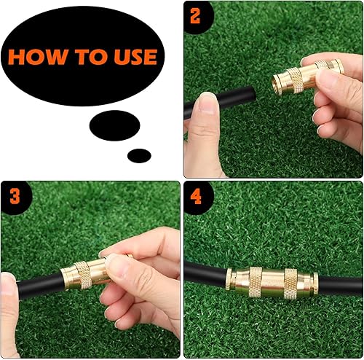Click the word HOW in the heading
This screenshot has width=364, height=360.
click(x=36, y=57)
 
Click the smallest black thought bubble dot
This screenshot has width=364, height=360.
click(x=139, y=155)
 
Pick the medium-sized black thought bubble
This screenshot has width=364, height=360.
click(x=114, y=125)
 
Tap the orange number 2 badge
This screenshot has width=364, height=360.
click(x=195, y=16)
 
